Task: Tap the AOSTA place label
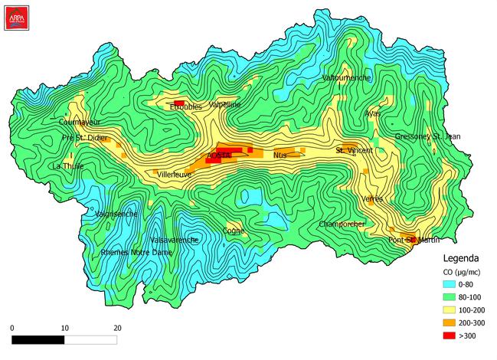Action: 219,155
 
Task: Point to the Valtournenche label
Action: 347,78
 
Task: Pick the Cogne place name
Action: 233,230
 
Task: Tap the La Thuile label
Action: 67,165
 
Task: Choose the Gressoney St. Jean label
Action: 427,136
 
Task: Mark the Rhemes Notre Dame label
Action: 136,252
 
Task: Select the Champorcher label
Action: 342,224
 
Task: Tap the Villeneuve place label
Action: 175,175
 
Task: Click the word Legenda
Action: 461,258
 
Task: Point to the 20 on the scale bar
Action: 117,328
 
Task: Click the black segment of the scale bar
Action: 38,339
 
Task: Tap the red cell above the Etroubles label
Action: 179,103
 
